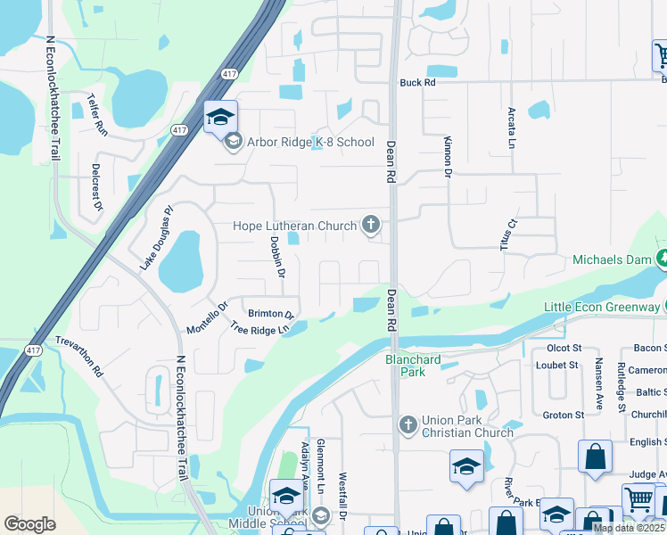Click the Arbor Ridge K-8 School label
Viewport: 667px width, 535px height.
pyautogui.click(x=311, y=142)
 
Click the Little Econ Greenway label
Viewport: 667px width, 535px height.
pyautogui.click(x=599, y=308)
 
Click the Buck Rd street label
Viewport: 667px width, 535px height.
pyautogui.click(x=416, y=83)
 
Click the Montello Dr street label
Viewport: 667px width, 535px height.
pyautogui.click(x=208, y=317)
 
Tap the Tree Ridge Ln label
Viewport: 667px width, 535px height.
pyautogui.click(x=260, y=329)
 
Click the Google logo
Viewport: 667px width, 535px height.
pyautogui.click(x=29, y=523)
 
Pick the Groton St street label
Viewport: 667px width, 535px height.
pyautogui.click(x=563, y=415)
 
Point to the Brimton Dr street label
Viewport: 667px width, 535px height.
pyautogui.click(x=271, y=314)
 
